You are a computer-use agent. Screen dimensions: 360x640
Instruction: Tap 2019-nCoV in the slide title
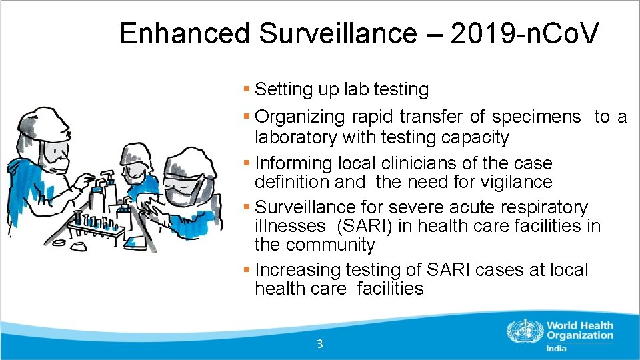525,33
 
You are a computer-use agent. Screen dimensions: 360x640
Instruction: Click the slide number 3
320,344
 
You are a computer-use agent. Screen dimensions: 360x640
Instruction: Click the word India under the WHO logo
557,349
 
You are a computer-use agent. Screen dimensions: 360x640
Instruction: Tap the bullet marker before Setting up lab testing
247,89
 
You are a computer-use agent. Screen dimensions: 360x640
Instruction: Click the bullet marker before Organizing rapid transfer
247,117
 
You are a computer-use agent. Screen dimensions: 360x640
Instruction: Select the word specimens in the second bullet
536,117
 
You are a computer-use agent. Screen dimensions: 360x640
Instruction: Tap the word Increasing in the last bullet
298,270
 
